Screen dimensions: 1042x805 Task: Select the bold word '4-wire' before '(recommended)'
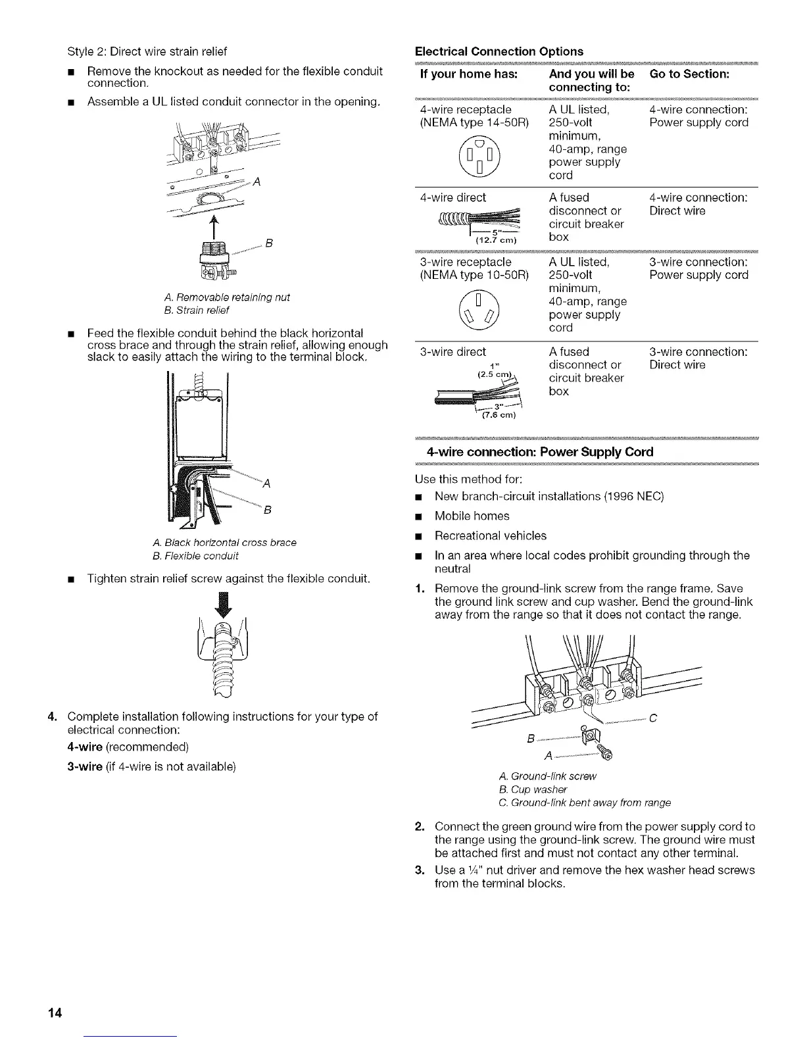85,747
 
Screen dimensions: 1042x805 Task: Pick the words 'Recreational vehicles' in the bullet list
490,535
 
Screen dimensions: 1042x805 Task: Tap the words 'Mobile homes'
472,516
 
